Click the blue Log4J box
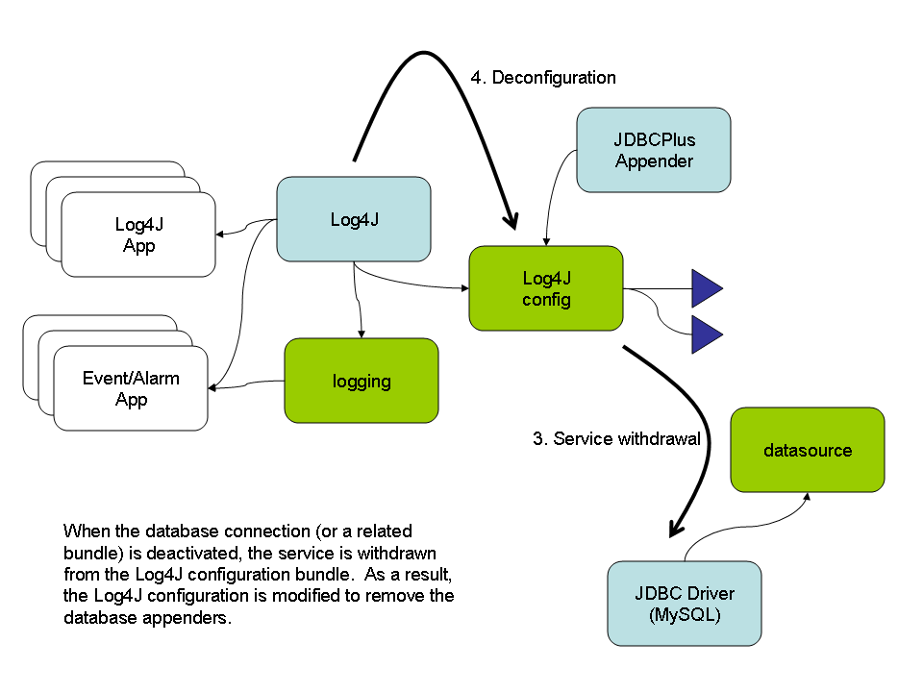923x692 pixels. [353, 219]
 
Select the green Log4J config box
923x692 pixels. [546, 288]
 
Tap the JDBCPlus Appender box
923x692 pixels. [653, 149]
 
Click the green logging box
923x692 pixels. [362, 381]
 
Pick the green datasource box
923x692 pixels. [808, 450]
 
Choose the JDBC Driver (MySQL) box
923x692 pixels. [684, 604]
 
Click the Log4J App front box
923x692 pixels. [138, 235]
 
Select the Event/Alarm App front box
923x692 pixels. [131, 388]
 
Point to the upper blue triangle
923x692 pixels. [706, 288]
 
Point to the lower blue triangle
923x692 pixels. [706, 335]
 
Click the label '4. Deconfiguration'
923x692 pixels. [543, 77]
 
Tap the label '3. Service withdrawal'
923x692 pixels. [616, 439]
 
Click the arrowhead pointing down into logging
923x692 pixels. [361, 333]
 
